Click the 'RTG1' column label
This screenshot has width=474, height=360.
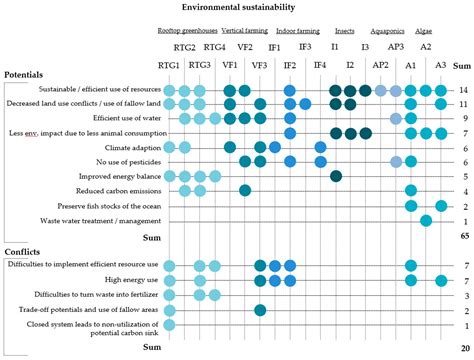coord(170,65)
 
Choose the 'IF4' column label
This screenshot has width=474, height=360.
coord(319,65)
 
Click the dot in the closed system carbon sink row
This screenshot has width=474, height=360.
coord(170,352)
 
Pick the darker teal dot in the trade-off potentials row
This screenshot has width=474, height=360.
coord(260,338)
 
